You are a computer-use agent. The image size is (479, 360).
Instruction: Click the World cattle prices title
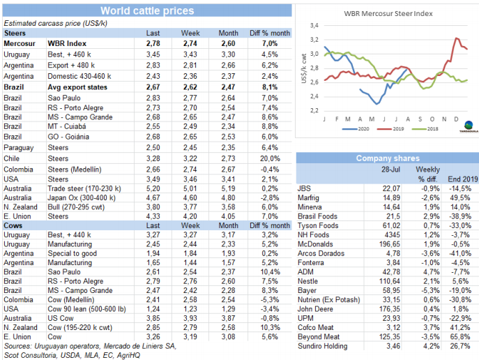click(146, 10)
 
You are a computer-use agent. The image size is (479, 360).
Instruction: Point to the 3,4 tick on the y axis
click(314, 24)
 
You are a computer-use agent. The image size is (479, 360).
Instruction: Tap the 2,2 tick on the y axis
click(314, 111)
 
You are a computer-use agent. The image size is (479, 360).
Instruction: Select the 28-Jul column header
click(389, 170)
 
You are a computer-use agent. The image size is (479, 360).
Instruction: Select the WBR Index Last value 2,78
click(153, 43)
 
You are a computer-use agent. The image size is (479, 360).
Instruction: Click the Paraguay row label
click(19, 149)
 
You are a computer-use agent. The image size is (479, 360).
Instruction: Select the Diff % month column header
click(264, 33)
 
